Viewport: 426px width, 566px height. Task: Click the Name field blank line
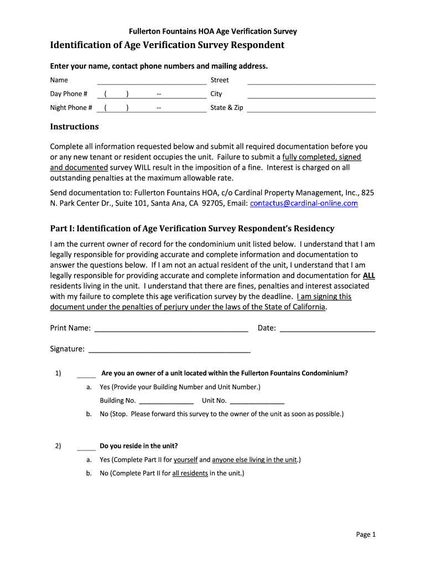click(x=151, y=83)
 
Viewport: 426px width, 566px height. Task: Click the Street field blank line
click(x=311, y=83)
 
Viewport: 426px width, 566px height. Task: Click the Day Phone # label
click(x=69, y=94)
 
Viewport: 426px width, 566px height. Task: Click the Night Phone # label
click(x=71, y=108)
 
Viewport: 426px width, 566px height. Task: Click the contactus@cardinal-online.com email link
click(x=304, y=203)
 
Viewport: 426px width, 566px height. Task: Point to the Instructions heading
click(x=74, y=127)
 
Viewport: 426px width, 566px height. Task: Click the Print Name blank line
click(x=171, y=331)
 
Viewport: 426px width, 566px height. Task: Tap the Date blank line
click(x=328, y=331)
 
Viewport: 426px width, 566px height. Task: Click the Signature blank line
click(x=169, y=352)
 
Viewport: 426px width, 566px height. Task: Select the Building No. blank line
click(x=165, y=403)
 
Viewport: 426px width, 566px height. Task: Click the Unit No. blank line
click(x=257, y=403)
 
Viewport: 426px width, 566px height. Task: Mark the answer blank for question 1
click(x=86, y=376)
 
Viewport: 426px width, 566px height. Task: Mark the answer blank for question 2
click(x=86, y=449)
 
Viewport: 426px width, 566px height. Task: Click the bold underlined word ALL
click(x=369, y=275)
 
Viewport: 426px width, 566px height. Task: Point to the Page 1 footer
click(x=366, y=534)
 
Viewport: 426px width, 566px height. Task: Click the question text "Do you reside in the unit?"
click(x=138, y=446)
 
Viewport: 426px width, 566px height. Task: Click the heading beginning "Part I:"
click(x=192, y=229)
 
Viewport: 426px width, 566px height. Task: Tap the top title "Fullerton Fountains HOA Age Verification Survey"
click(x=213, y=32)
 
